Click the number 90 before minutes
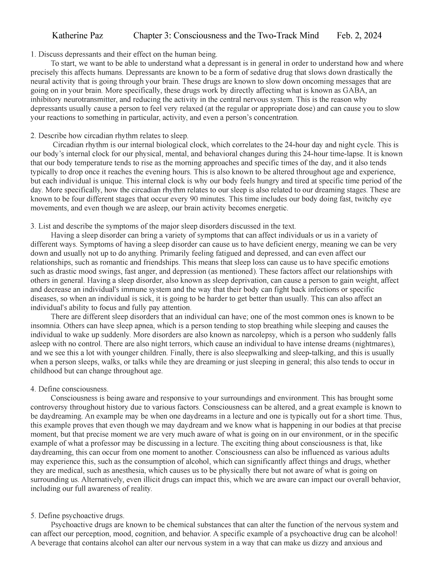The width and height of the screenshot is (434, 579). [192, 199]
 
